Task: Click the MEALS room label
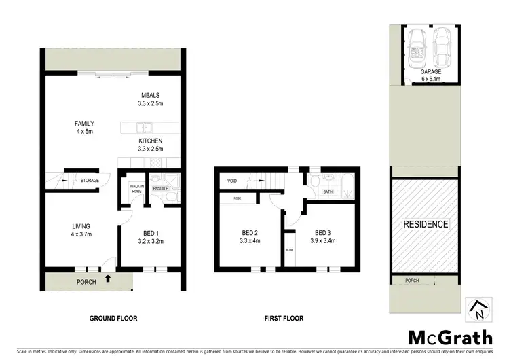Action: click(151, 94)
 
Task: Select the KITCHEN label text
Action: click(151, 141)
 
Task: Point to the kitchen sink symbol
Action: click(143, 127)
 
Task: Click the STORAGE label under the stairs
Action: click(90, 181)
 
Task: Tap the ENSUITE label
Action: click(160, 188)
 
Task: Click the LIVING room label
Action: click(81, 226)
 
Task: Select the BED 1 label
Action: click(151, 232)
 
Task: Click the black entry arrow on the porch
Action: click(109, 280)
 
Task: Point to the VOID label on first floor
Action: click(231, 181)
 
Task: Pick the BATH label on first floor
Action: click(328, 192)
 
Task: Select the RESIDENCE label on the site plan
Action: click(426, 224)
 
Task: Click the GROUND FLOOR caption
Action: click(113, 318)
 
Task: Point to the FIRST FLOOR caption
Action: click(283, 318)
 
